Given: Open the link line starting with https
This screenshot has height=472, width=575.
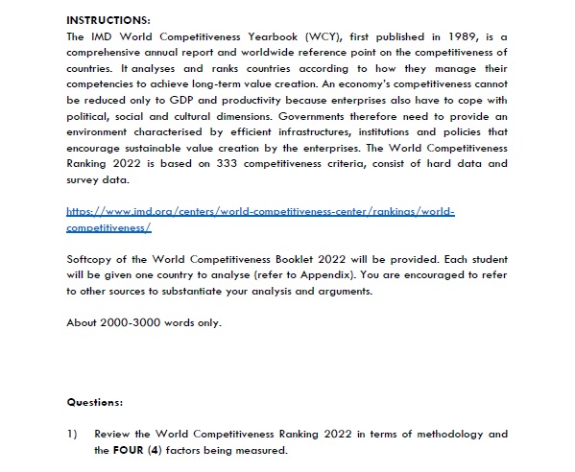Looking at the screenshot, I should tap(259, 210).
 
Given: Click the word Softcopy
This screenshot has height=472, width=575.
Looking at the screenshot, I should tap(90, 260).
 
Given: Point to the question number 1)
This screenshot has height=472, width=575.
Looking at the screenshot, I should tap(72, 434).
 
